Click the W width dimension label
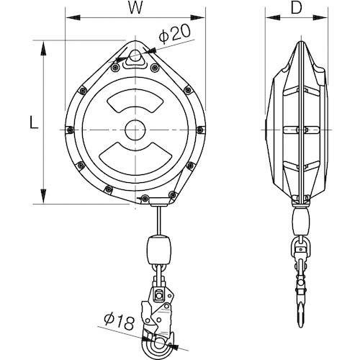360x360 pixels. [x=135, y=9]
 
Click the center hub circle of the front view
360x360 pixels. [x=133, y=130]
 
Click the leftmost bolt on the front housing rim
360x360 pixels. [x=69, y=130]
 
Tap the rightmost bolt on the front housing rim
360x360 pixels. [x=198, y=130]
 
